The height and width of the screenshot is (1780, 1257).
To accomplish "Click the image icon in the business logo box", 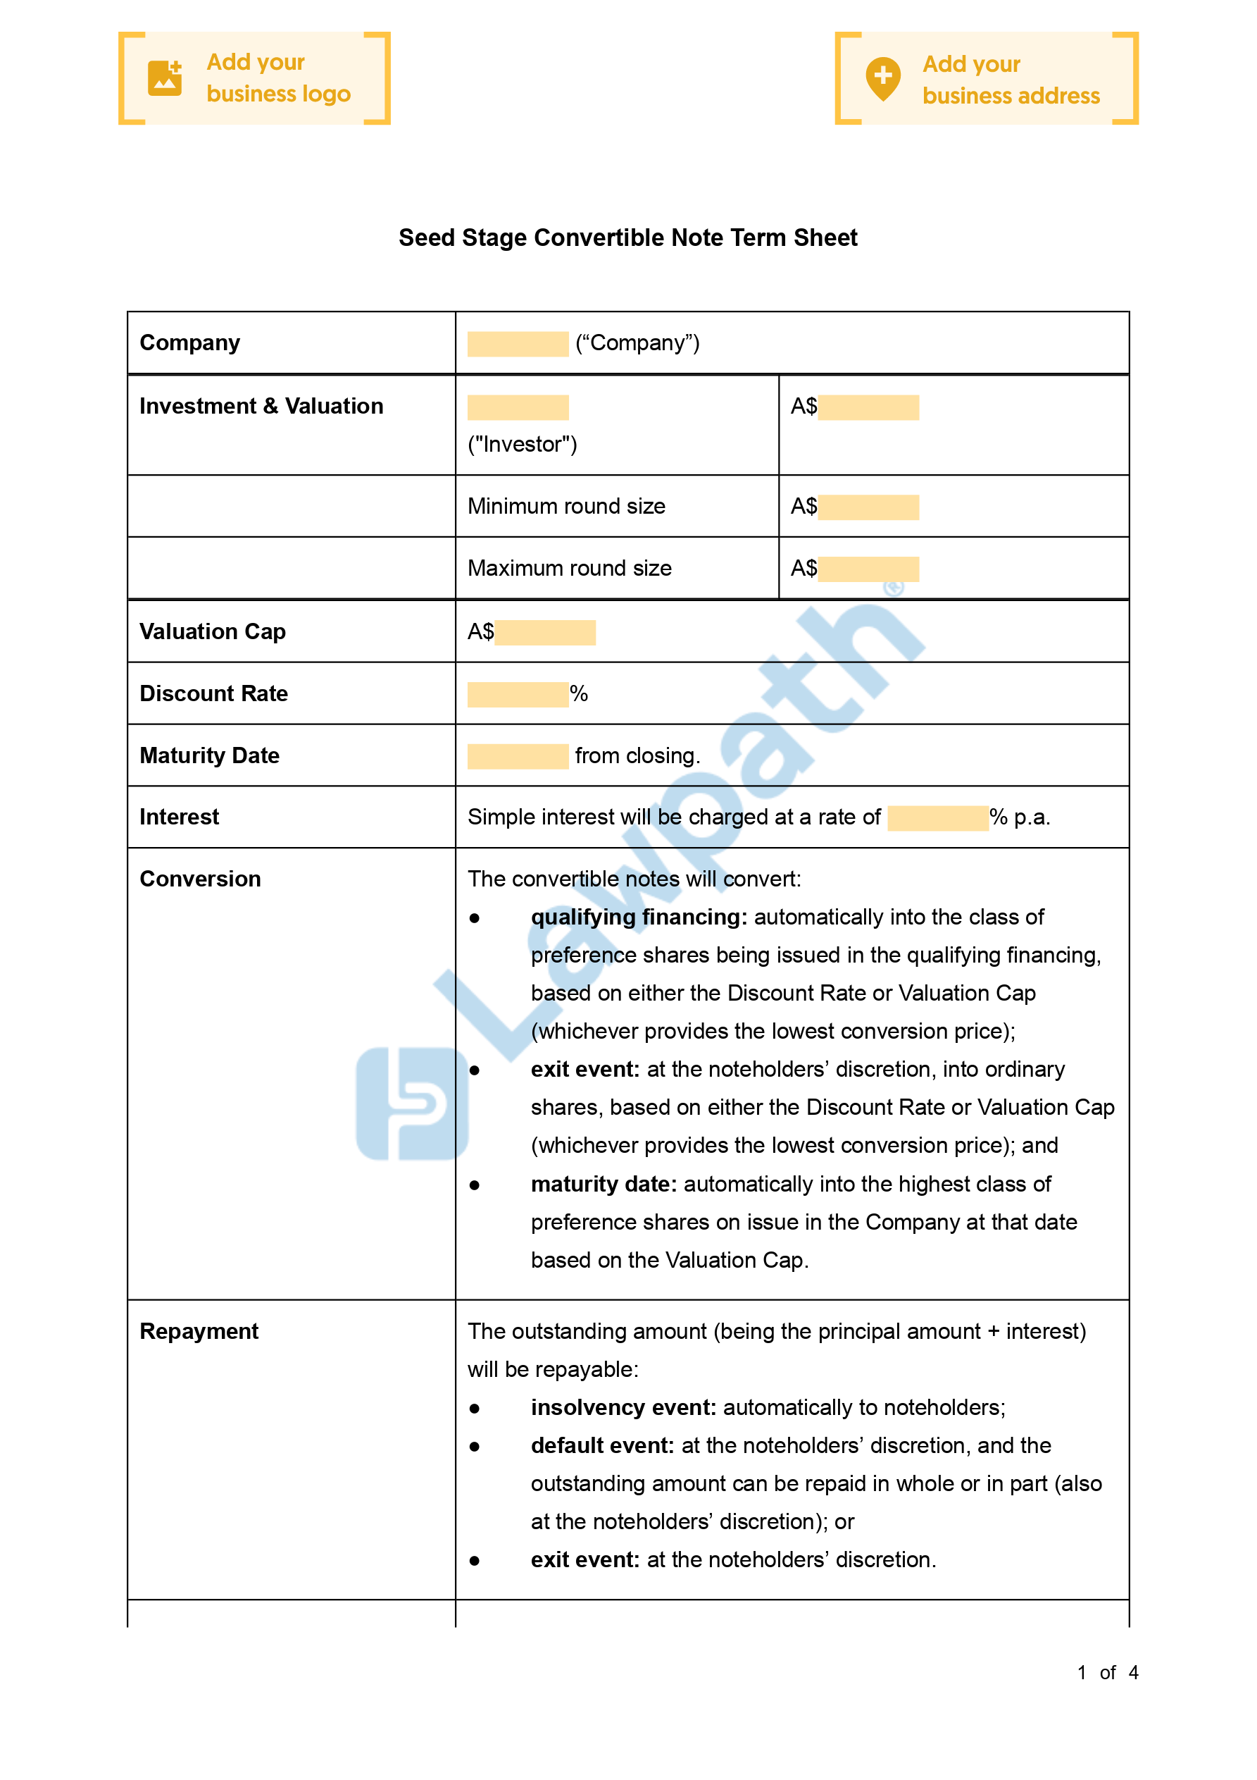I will (x=164, y=78).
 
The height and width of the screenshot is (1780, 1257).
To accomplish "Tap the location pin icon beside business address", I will (x=882, y=78).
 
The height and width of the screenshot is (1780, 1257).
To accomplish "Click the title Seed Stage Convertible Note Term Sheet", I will (x=627, y=237).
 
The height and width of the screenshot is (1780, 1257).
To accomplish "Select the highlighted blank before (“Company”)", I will (x=518, y=343).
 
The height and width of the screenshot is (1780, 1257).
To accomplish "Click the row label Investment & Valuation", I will (x=261, y=406).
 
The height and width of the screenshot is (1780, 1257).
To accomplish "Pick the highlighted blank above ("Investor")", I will (x=518, y=407).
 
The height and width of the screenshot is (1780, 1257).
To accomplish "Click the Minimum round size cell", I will (x=566, y=506).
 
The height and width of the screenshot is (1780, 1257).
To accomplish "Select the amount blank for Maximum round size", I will (x=868, y=569).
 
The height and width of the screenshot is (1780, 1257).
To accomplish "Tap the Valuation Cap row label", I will (x=213, y=632).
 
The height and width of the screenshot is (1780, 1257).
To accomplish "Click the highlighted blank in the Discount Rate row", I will (x=518, y=694).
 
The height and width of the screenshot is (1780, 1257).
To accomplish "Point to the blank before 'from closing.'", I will (x=518, y=756).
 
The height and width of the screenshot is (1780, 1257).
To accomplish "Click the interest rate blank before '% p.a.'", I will (x=938, y=818).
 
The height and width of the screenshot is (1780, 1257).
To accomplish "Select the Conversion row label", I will (x=200, y=879).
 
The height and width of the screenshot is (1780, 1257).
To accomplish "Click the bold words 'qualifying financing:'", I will (x=639, y=917).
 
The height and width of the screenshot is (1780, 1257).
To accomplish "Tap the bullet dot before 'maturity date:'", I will (x=475, y=1185).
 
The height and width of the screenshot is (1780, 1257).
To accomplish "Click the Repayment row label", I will (x=199, y=1331).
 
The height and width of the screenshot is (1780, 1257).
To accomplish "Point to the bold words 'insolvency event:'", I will (x=623, y=1407).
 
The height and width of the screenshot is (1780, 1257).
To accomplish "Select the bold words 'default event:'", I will (x=602, y=1445).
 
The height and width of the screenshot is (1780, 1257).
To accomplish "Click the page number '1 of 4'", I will (x=1107, y=1672).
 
